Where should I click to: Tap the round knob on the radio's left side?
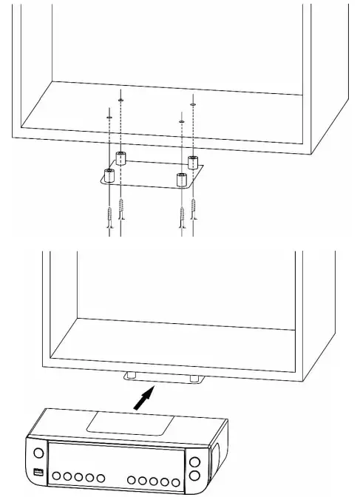coord(38,452)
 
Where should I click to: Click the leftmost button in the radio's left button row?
coord(56,477)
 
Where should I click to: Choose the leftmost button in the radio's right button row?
coord(132,481)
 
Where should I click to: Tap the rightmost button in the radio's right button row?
coord(176,481)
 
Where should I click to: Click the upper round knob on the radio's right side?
coord(194,463)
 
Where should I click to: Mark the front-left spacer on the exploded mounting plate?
coord(109,176)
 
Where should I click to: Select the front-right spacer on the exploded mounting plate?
coord(181,178)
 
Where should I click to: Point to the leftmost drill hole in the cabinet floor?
coord(109,116)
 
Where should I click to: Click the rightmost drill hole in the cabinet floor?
coord(193,105)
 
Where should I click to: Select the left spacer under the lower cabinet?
coord(130,377)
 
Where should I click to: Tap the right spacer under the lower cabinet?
coord(194,379)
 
